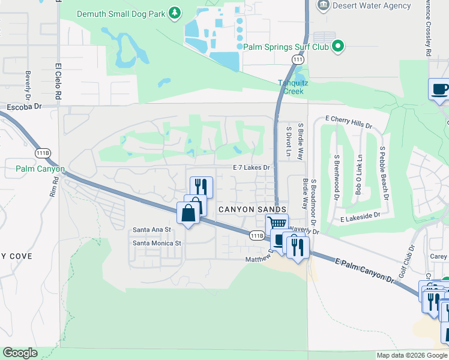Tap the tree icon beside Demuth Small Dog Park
174,12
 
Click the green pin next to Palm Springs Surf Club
338,46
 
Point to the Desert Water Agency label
373,6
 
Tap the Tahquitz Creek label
291,87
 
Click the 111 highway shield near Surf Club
298,59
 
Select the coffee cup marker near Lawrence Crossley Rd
439,90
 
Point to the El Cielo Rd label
59,82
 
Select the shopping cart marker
276,223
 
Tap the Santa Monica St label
157,243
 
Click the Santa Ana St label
152,229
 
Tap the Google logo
20,353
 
